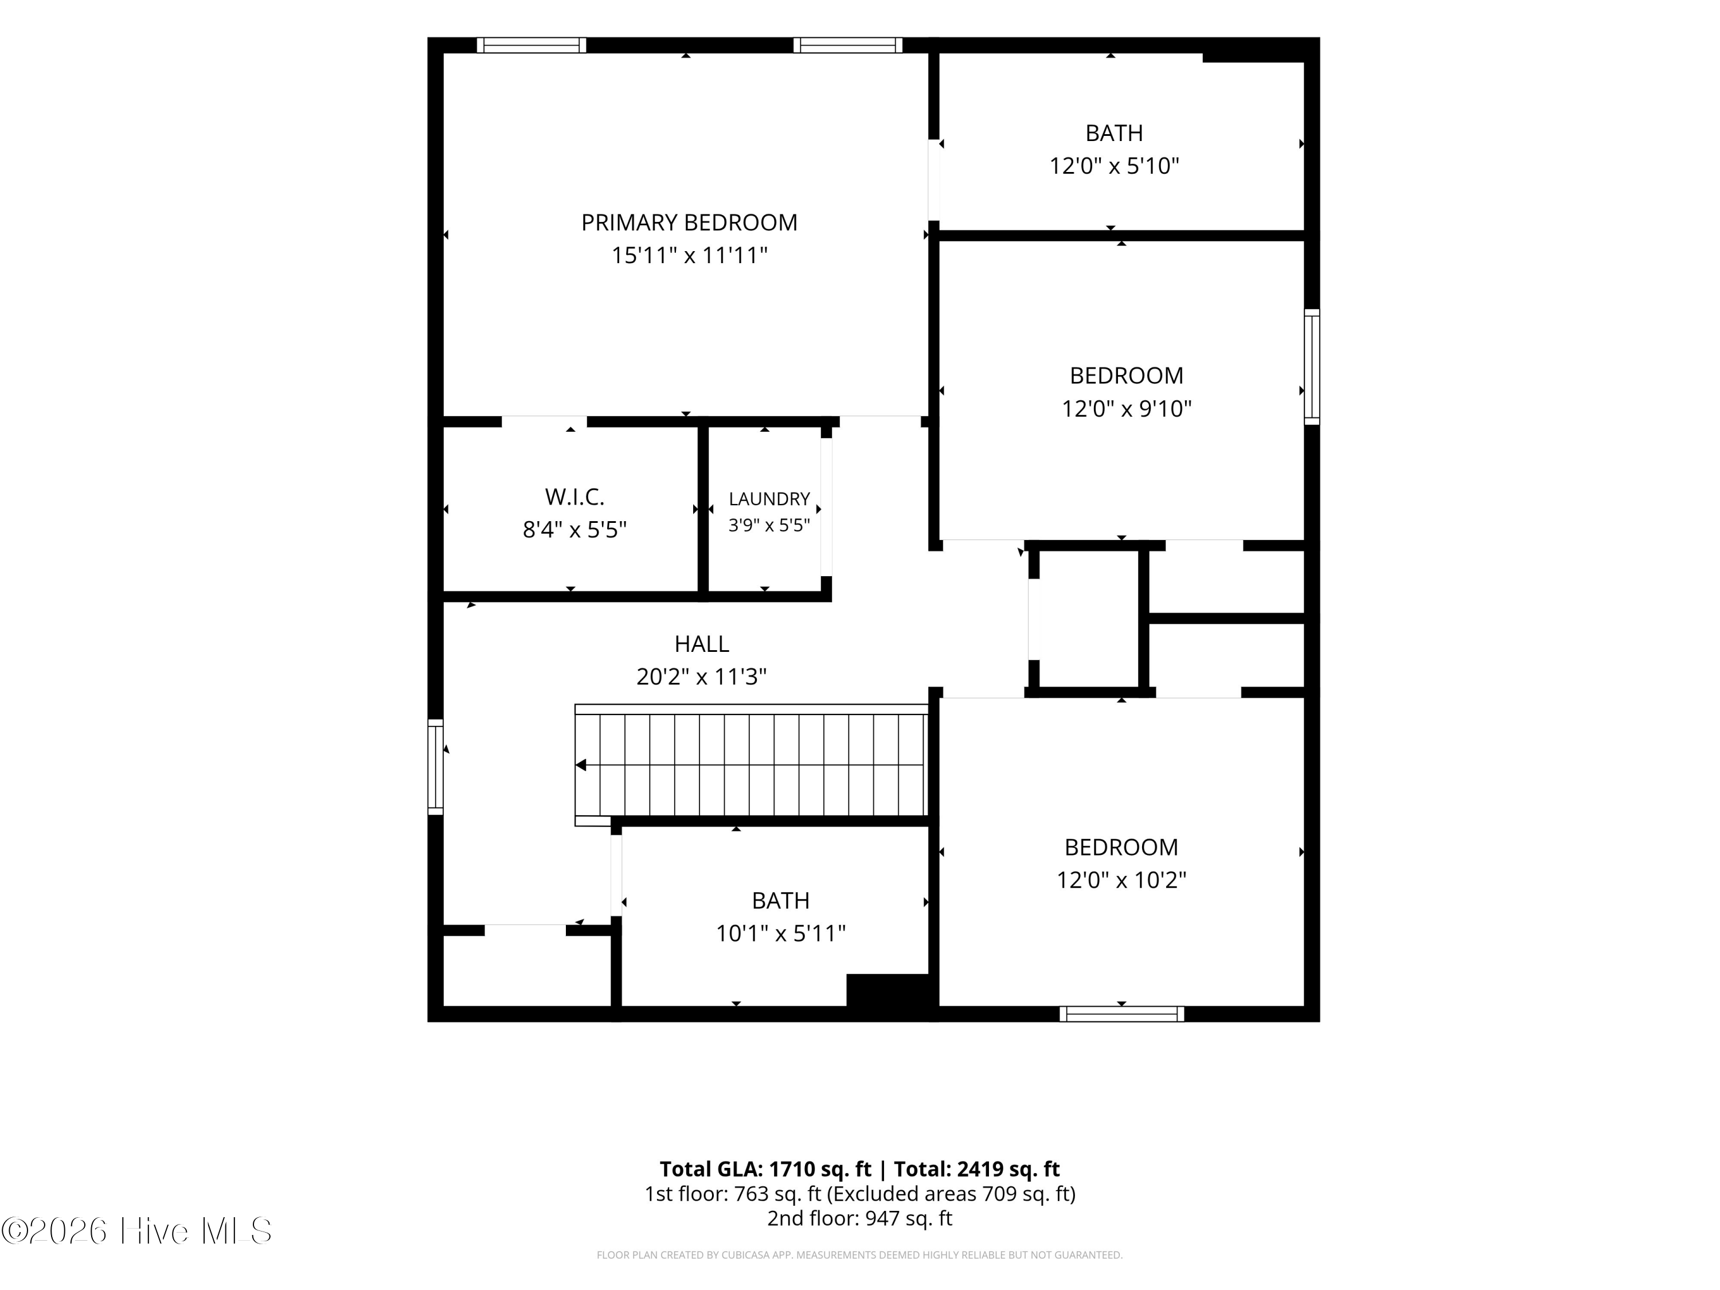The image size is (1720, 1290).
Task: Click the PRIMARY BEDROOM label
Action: click(x=689, y=223)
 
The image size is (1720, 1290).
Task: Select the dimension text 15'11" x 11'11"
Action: click(x=689, y=256)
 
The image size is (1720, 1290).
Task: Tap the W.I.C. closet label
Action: click(x=574, y=497)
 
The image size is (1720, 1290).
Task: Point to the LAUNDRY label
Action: click(x=769, y=499)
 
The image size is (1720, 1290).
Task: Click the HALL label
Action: click(x=701, y=644)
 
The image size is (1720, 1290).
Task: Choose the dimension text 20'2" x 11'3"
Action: click(x=701, y=677)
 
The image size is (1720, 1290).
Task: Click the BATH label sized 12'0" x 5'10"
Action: click(x=1114, y=134)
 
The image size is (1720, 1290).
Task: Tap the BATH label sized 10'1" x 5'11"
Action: click(x=781, y=901)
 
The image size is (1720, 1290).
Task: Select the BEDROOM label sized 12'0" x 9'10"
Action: click(x=1127, y=376)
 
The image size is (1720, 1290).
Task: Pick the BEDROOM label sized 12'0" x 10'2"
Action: click(x=1121, y=847)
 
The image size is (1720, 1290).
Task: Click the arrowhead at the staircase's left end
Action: click(x=581, y=765)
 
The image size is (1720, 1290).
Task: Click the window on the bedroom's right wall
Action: click(x=1312, y=367)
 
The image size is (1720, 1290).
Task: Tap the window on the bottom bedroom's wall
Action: click(x=1121, y=1014)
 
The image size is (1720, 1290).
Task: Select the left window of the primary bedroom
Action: click(x=531, y=45)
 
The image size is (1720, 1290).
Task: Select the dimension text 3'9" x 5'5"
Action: click(x=769, y=526)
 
